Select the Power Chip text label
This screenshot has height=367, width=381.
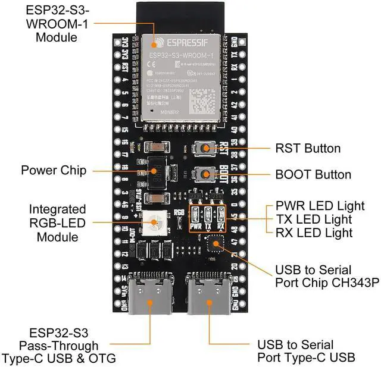pos(54,171)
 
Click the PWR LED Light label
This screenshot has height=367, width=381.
pos(320,206)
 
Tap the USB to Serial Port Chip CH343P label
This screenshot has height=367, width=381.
pos(327,277)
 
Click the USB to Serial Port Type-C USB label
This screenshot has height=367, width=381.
pos(306,351)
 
